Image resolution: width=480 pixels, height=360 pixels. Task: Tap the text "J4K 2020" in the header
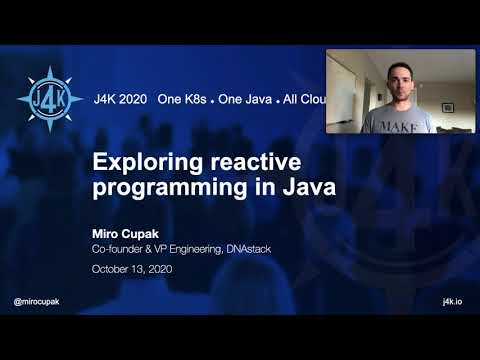pyautogui.click(x=121, y=100)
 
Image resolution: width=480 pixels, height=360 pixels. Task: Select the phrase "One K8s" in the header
pyautogui.click(x=184, y=100)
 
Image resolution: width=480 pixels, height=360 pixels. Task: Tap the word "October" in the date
pyautogui.click(x=113, y=269)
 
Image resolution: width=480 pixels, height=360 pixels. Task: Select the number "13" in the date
pyautogui.click(x=146, y=269)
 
